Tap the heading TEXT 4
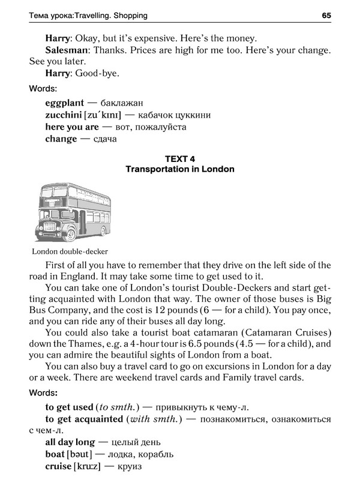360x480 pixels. point(179,158)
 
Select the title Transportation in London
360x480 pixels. point(180,169)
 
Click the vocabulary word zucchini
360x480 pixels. point(65,115)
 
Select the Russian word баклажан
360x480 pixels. point(124,103)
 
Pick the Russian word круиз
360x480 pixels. point(129,466)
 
